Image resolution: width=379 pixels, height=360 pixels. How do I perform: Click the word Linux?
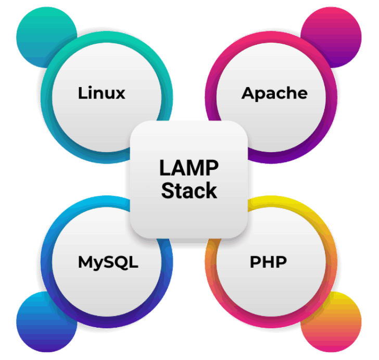click(x=102, y=93)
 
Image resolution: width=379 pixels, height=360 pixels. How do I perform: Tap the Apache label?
click(x=274, y=93)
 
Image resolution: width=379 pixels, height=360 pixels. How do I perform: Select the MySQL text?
click(x=108, y=262)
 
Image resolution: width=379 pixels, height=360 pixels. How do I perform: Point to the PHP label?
click(x=268, y=262)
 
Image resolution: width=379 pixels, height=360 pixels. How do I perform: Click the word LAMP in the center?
click(x=188, y=169)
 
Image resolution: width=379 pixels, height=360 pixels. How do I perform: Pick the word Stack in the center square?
click(x=188, y=191)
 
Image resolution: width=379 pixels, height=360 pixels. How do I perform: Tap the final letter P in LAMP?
click(x=211, y=169)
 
